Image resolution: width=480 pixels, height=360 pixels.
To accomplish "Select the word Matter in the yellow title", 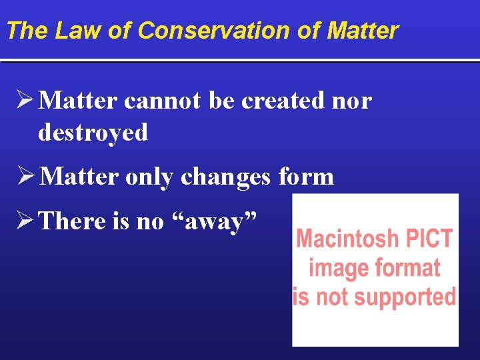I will click(363, 30).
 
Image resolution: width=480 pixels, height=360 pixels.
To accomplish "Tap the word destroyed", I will click(93, 133).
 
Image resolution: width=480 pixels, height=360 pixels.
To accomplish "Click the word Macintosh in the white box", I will click(345, 239).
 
